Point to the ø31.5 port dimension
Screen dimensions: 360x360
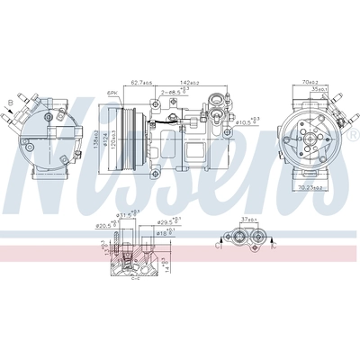(x=129, y=214)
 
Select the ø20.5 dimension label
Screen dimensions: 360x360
(x=106, y=224)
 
